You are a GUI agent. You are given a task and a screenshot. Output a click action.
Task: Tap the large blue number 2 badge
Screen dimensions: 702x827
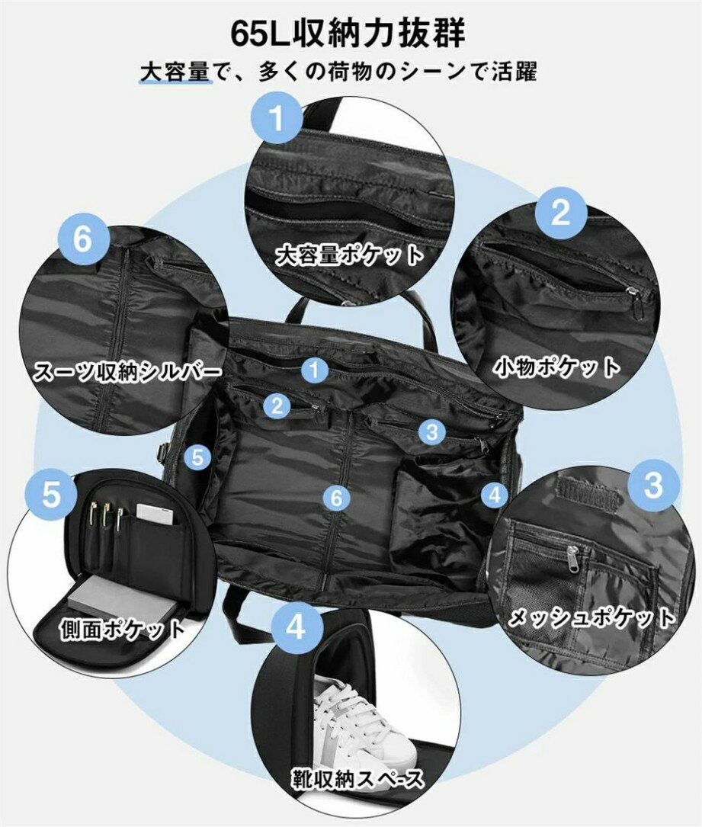point(561,213)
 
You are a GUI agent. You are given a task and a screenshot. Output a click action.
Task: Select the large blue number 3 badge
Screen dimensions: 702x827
point(652,485)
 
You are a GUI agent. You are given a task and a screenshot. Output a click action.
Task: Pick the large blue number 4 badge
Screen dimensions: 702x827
point(297,627)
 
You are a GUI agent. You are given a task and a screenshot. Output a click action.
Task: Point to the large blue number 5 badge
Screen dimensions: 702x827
point(51,494)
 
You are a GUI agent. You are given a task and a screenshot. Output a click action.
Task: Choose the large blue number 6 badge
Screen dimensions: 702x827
point(83,239)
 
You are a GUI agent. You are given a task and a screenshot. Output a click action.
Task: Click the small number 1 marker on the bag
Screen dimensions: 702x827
point(315,370)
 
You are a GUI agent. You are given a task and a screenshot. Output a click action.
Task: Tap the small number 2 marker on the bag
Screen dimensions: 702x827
point(277,405)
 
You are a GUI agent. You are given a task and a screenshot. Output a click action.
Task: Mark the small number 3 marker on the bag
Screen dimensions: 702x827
point(432,432)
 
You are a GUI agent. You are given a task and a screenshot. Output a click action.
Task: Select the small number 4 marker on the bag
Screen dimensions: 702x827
point(494,495)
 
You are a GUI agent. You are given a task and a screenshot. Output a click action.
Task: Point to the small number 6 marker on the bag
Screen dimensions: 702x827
point(336,497)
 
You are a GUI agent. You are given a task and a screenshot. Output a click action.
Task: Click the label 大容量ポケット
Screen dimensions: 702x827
point(350,255)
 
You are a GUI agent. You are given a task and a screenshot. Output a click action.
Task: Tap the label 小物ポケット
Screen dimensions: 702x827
point(556,367)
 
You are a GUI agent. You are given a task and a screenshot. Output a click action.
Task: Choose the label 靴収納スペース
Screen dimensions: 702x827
point(357,778)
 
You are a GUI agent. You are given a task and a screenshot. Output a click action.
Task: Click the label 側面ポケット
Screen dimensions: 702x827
point(123,630)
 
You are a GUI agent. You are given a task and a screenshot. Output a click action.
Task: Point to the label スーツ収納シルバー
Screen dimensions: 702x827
point(127,372)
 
